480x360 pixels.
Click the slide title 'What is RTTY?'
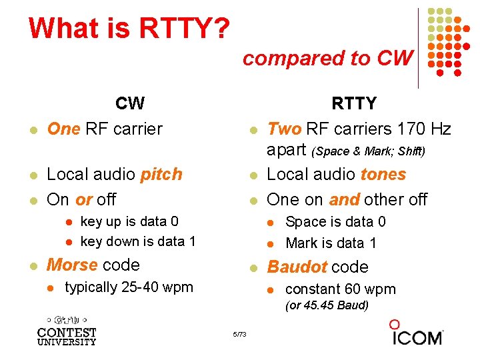(x=129, y=28)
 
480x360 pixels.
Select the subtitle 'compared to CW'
(x=327, y=59)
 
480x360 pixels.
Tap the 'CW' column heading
(x=129, y=103)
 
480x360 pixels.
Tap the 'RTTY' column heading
(x=354, y=103)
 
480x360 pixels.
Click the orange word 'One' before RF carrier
(x=63, y=129)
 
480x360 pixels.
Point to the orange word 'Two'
(x=284, y=129)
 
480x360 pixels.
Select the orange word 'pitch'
(x=161, y=175)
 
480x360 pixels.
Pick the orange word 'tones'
(x=383, y=175)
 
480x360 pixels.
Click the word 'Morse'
(x=71, y=265)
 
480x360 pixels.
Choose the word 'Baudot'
(x=297, y=267)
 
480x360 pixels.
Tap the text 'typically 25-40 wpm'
(x=129, y=287)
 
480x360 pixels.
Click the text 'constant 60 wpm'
(x=340, y=289)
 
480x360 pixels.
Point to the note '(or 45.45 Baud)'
(x=327, y=306)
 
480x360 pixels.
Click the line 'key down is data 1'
(x=137, y=241)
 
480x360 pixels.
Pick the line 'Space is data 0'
(x=335, y=222)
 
